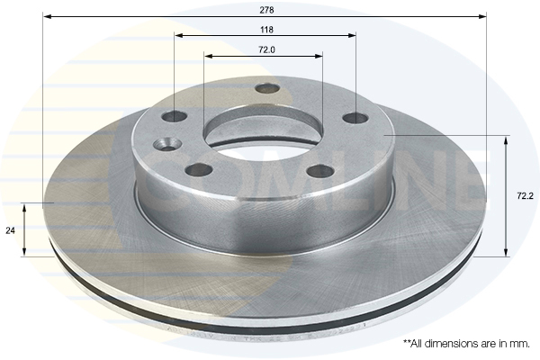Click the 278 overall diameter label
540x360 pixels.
pyautogui.click(x=266, y=10)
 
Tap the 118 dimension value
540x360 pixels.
pyautogui.click(x=266, y=30)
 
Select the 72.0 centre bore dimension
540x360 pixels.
pyautogui.click(x=266, y=50)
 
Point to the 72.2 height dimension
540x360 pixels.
pyautogui.click(x=525, y=196)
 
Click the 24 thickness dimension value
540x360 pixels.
pyautogui.click(x=10, y=230)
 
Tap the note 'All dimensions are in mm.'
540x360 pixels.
pyautogui.click(x=466, y=344)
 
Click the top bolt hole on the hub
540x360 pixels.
pyautogui.click(x=268, y=88)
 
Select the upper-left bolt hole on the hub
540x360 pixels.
pyautogui.click(x=175, y=116)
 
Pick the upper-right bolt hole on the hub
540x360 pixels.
pyautogui.click(x=355, y=118)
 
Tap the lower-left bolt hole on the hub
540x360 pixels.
pyautogui.click(x=198, y=169)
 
